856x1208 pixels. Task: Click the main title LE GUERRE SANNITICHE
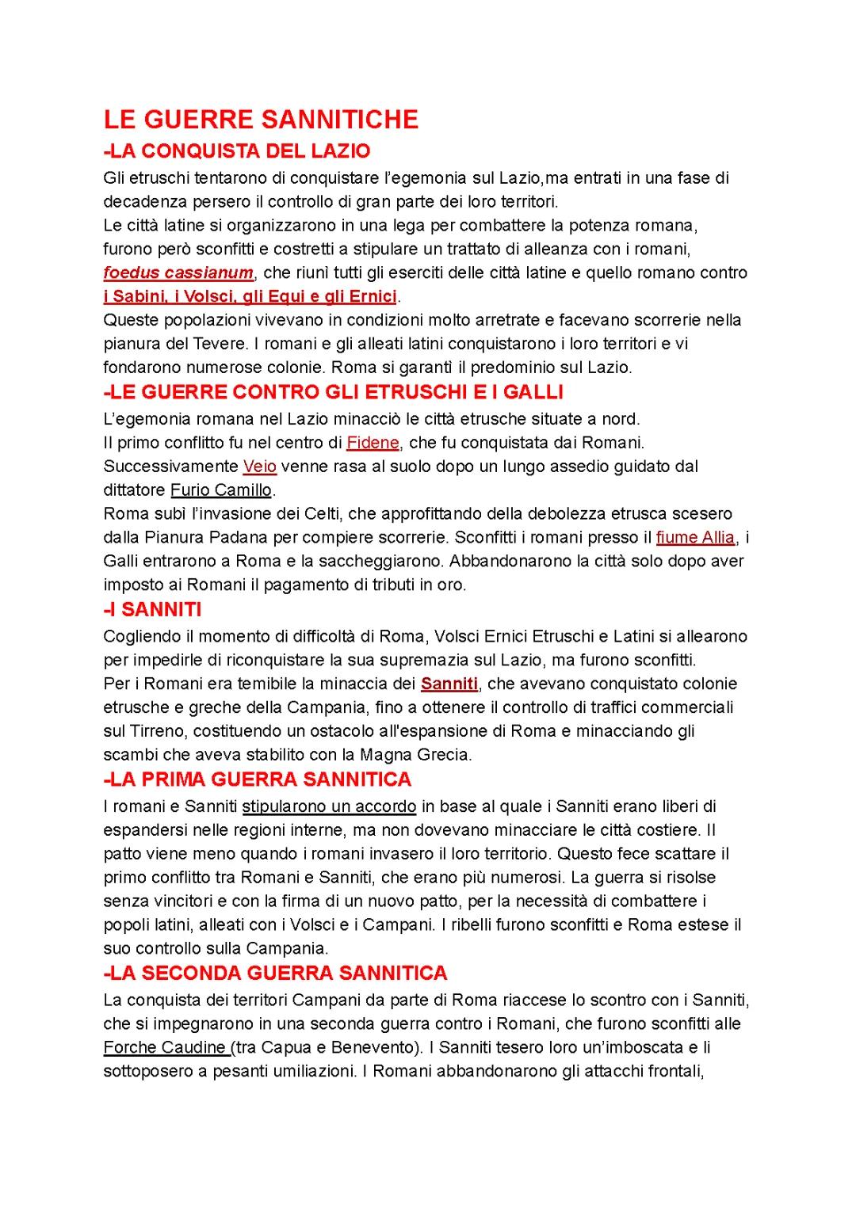point(261,120)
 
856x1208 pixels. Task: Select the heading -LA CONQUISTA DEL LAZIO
point(237,151)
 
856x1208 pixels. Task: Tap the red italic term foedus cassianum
point(178,273)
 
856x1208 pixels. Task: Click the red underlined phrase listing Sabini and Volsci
point(250,297)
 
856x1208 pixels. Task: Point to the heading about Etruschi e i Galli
point(333,392)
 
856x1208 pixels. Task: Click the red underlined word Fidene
point(373,443)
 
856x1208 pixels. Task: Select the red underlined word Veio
point(260,467)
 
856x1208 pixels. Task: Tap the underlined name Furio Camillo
point(221,490)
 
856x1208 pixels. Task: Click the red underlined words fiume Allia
point(695,538)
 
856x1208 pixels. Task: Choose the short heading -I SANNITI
point(152,610)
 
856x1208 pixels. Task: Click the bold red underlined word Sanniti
point(449,684)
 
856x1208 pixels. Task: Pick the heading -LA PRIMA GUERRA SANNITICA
point(258,779)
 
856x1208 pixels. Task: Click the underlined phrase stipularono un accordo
point(329,807)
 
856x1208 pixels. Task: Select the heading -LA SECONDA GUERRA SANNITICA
point(276,973)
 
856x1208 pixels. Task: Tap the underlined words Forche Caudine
point(166,1048)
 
